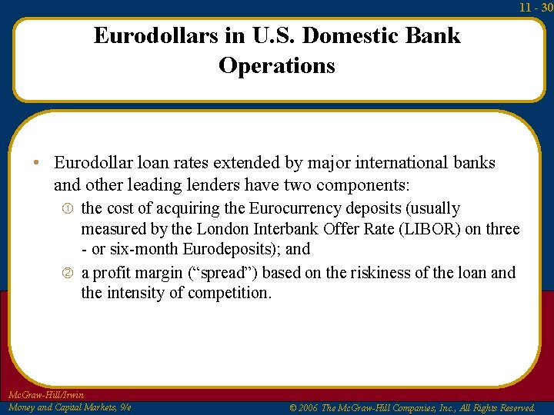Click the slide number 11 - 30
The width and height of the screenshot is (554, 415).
[x=536, y=7]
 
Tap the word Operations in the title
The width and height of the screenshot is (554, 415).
[x=277, y=65]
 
